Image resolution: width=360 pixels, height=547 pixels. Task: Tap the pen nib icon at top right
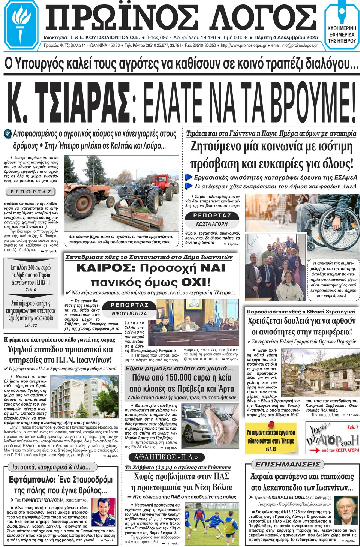342,13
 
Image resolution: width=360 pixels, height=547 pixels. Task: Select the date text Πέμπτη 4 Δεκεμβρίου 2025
286,37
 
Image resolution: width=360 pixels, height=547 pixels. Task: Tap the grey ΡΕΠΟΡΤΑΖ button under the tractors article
31,192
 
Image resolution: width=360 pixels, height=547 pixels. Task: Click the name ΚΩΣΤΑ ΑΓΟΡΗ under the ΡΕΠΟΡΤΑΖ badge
212,224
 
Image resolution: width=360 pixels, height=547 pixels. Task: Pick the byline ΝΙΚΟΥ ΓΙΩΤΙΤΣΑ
129,313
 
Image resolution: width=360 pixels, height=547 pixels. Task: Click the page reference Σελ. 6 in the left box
31,290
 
